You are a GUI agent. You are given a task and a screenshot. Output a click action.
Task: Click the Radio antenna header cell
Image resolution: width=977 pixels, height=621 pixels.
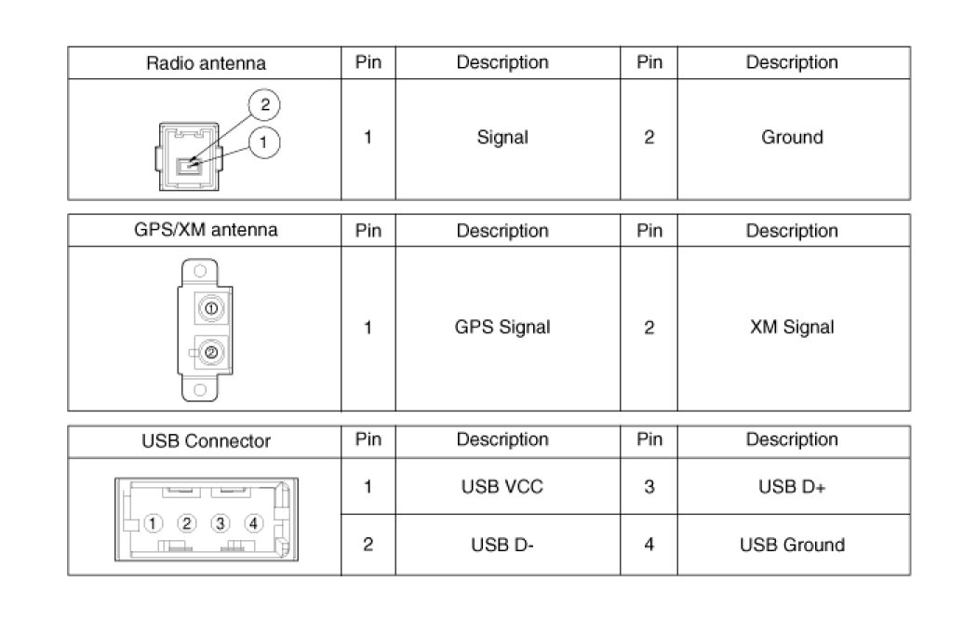click(205, 63)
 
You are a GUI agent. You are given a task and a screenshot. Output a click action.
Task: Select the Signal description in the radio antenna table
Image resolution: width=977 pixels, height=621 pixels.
click(502, 138)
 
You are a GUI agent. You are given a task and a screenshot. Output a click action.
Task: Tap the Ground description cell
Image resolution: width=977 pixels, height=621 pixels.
click(792, 138)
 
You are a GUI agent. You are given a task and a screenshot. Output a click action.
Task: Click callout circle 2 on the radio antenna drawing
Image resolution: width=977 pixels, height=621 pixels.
click(264, 105)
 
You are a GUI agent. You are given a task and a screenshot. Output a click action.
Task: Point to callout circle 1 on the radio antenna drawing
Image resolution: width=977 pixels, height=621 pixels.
click(264, 142)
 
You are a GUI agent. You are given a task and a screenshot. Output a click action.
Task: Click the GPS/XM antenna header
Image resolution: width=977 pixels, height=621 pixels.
click(205, 230)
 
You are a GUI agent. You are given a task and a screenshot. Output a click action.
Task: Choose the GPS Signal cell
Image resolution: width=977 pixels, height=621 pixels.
click(502, 328)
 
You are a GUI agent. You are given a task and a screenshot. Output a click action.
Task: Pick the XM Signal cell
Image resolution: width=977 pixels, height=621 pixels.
click(792, 328)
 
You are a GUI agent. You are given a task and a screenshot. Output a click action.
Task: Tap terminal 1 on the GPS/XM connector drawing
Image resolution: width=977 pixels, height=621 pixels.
click(211, 308)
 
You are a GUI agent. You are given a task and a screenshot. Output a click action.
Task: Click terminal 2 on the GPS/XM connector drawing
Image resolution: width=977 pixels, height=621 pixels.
click(211, 352)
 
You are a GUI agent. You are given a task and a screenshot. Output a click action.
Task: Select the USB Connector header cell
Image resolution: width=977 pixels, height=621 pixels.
click(205, 440)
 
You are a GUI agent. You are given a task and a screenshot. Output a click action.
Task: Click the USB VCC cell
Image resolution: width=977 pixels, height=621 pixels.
click(502, 487)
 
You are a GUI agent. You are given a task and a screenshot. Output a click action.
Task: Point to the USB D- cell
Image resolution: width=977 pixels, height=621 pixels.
click(502, 545)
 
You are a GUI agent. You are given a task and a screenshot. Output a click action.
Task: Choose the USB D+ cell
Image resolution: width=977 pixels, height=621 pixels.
click(792, 487)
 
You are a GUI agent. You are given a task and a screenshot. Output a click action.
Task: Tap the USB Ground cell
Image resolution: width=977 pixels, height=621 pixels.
click(792, 545)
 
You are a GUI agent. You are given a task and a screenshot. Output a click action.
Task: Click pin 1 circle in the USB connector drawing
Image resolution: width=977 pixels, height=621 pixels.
click(154, 523)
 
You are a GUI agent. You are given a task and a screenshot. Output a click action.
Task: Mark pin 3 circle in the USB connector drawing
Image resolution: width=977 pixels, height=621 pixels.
click(221, 523)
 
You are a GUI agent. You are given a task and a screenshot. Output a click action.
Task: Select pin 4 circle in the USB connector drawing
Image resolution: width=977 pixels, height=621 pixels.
click(254, 523)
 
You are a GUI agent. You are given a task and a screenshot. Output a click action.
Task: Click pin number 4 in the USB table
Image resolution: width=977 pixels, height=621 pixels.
click(649, 545)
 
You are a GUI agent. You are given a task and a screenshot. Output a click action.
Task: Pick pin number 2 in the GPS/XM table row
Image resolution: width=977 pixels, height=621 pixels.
click(649, 328)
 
